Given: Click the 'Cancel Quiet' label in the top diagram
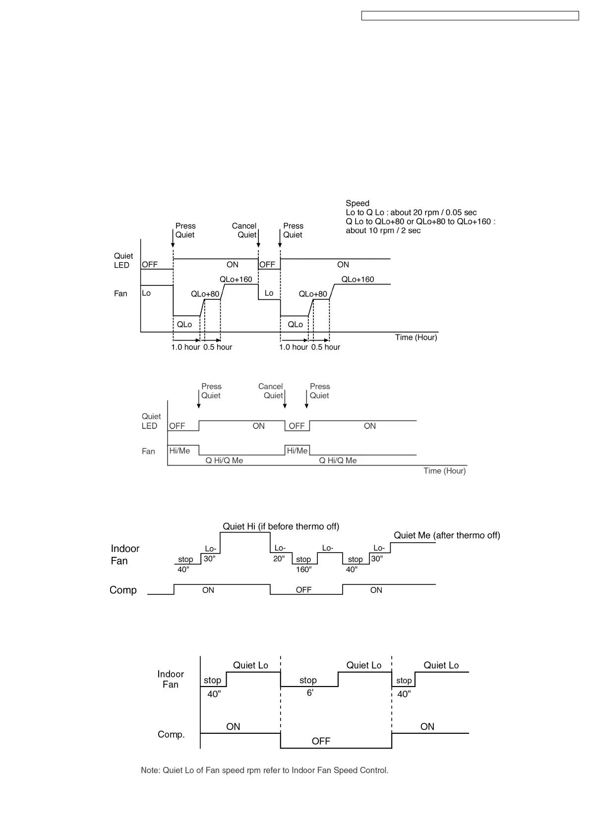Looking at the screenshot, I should pos(244,230).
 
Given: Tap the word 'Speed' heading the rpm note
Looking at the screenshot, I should pos(357,203).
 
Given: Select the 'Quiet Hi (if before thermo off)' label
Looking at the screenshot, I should pos(281,526).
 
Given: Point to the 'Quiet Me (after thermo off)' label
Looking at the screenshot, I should pos(447,535).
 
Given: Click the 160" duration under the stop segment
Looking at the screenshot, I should pos(303,569).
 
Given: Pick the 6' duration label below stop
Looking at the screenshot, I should pos(310,693).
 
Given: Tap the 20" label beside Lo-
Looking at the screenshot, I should pos(279,558).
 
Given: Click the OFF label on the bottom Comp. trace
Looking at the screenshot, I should pos(321,741).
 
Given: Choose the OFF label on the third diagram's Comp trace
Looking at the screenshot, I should pos(303,590).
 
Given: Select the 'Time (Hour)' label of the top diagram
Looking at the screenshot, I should pos(416,338).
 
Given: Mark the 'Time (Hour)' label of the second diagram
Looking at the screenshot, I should pos(444,471).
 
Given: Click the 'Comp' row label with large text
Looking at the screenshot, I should pos(123,590).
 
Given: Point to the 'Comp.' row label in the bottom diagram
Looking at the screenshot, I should pos(171,734).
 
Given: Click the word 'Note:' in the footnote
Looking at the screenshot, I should pos(151,770).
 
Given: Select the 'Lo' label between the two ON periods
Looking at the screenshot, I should pos(269,293).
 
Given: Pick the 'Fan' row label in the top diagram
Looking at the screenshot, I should pos(120,293).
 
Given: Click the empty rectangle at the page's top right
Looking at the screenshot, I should pos(470,16).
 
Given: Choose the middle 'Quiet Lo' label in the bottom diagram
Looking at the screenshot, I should pos(364,665).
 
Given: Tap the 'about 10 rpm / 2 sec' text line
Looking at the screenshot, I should pos(383,230).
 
